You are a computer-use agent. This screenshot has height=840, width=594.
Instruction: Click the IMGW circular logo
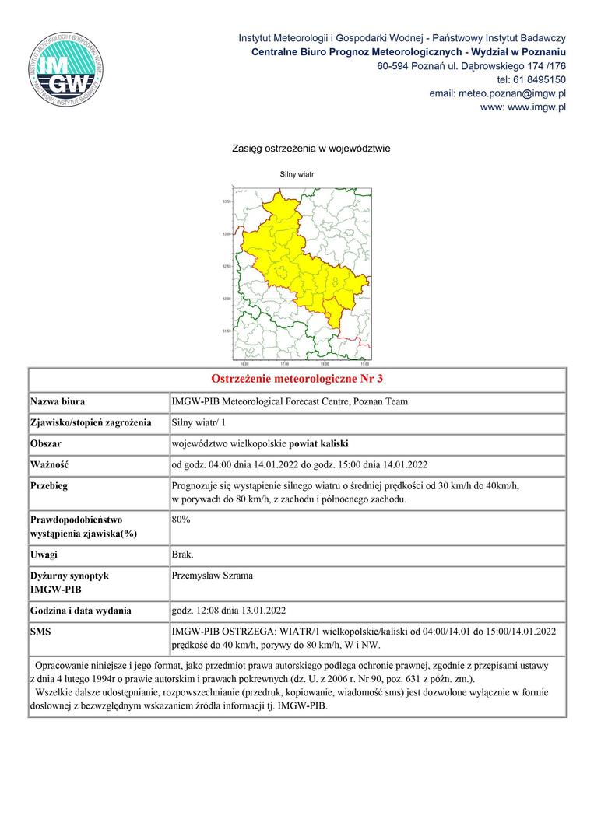67,70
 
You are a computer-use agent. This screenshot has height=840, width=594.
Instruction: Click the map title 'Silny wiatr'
297,175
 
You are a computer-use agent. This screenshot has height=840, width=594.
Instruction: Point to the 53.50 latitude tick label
227,201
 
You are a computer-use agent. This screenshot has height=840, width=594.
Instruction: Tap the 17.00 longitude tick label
284,363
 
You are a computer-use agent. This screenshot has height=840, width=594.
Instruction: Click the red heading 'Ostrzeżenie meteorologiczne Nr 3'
297,380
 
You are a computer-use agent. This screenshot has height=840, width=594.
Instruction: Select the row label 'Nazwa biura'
58,402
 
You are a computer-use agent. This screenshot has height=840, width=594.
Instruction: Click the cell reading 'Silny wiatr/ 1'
198,423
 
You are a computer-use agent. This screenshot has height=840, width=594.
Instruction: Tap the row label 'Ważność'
50,465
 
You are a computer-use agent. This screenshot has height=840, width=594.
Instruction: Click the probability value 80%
181,519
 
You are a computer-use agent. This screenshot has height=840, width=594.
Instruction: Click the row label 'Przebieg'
49,486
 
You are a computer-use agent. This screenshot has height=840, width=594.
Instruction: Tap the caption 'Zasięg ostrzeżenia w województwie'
311,148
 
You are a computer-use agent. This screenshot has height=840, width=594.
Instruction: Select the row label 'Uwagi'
44,555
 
